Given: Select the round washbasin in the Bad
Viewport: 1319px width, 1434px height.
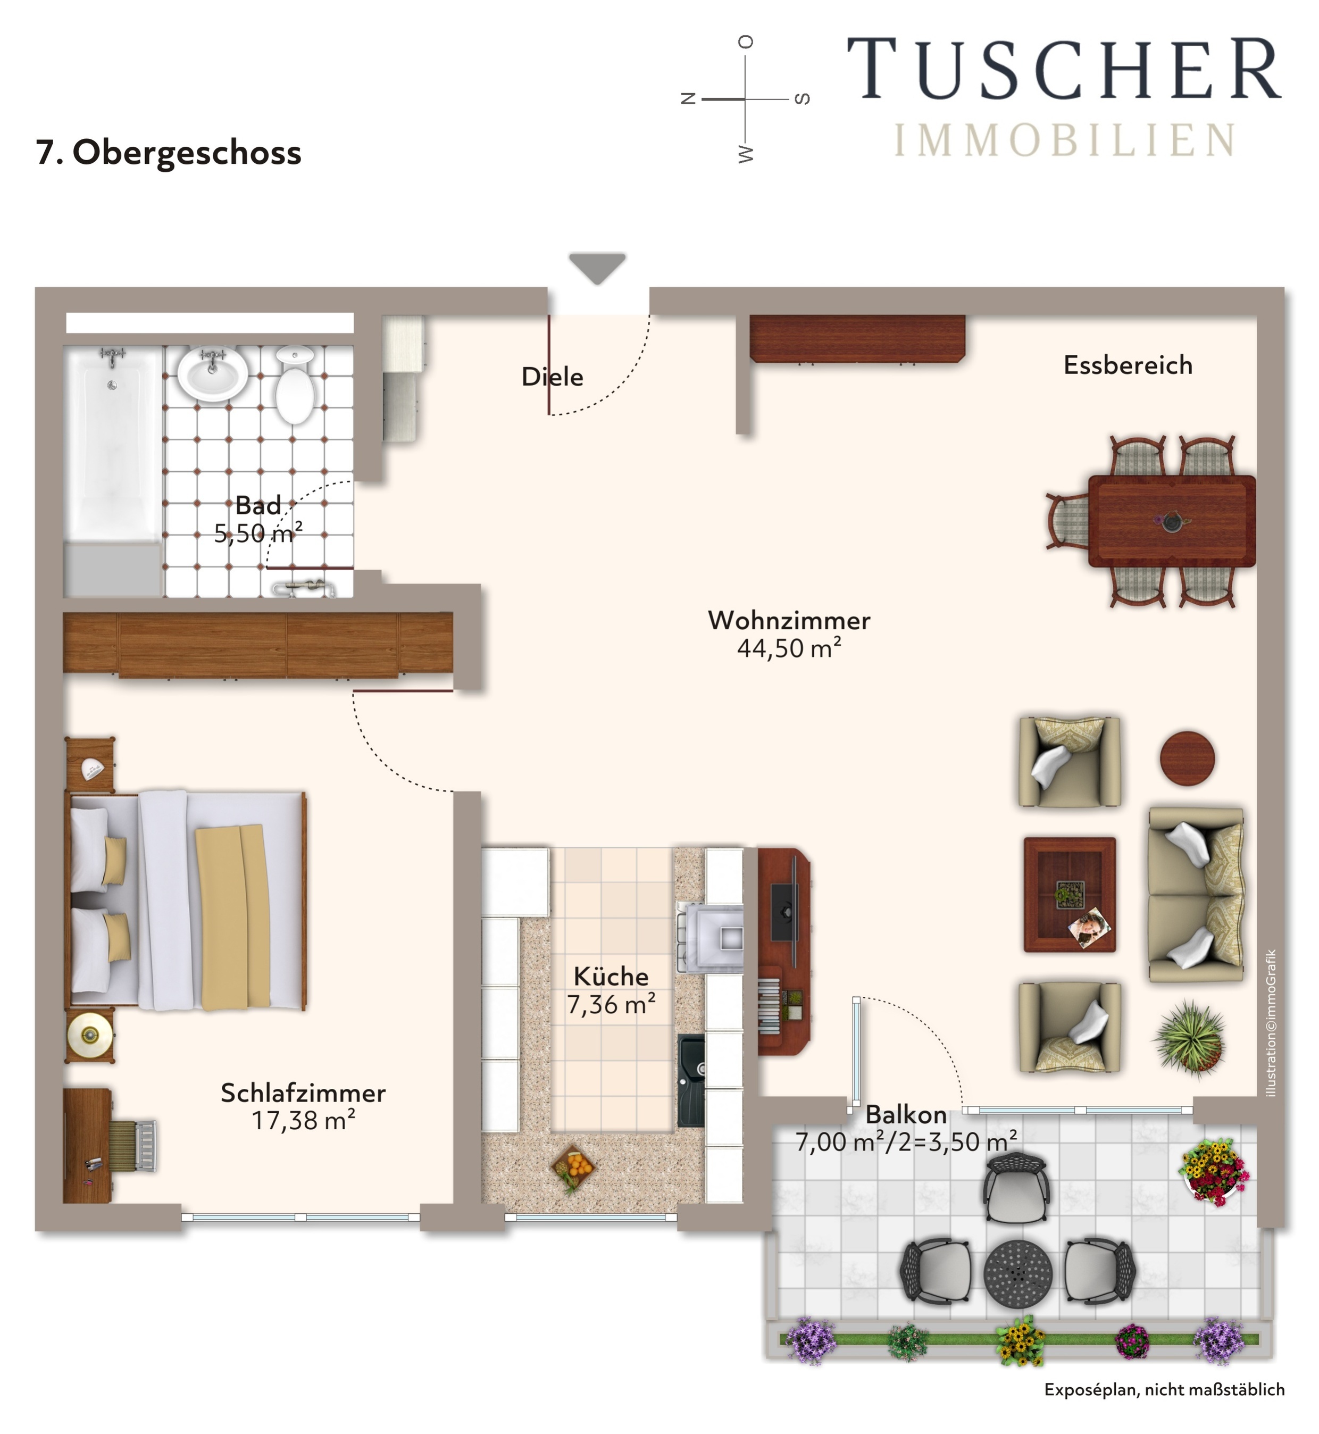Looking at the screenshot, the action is click(x=212, y=373).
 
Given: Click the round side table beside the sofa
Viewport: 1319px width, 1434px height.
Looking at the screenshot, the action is click(x=1187, y=758).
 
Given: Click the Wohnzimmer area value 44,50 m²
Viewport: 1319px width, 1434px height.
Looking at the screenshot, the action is click(x=789, y=648).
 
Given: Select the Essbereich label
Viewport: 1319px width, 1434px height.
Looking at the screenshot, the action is click(x=1128, y=365).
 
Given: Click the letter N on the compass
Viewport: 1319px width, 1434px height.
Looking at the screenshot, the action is click(x=688, y=98).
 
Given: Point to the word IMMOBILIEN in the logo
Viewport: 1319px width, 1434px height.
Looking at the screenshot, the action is click(x=1064, y=140).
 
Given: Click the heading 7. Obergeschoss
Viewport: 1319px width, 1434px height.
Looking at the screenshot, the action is click(x=169, y=153).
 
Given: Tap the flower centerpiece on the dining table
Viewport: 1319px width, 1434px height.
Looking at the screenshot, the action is click(x=1171, y=522).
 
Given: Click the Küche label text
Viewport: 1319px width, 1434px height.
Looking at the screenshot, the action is click(x=611, y=977).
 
